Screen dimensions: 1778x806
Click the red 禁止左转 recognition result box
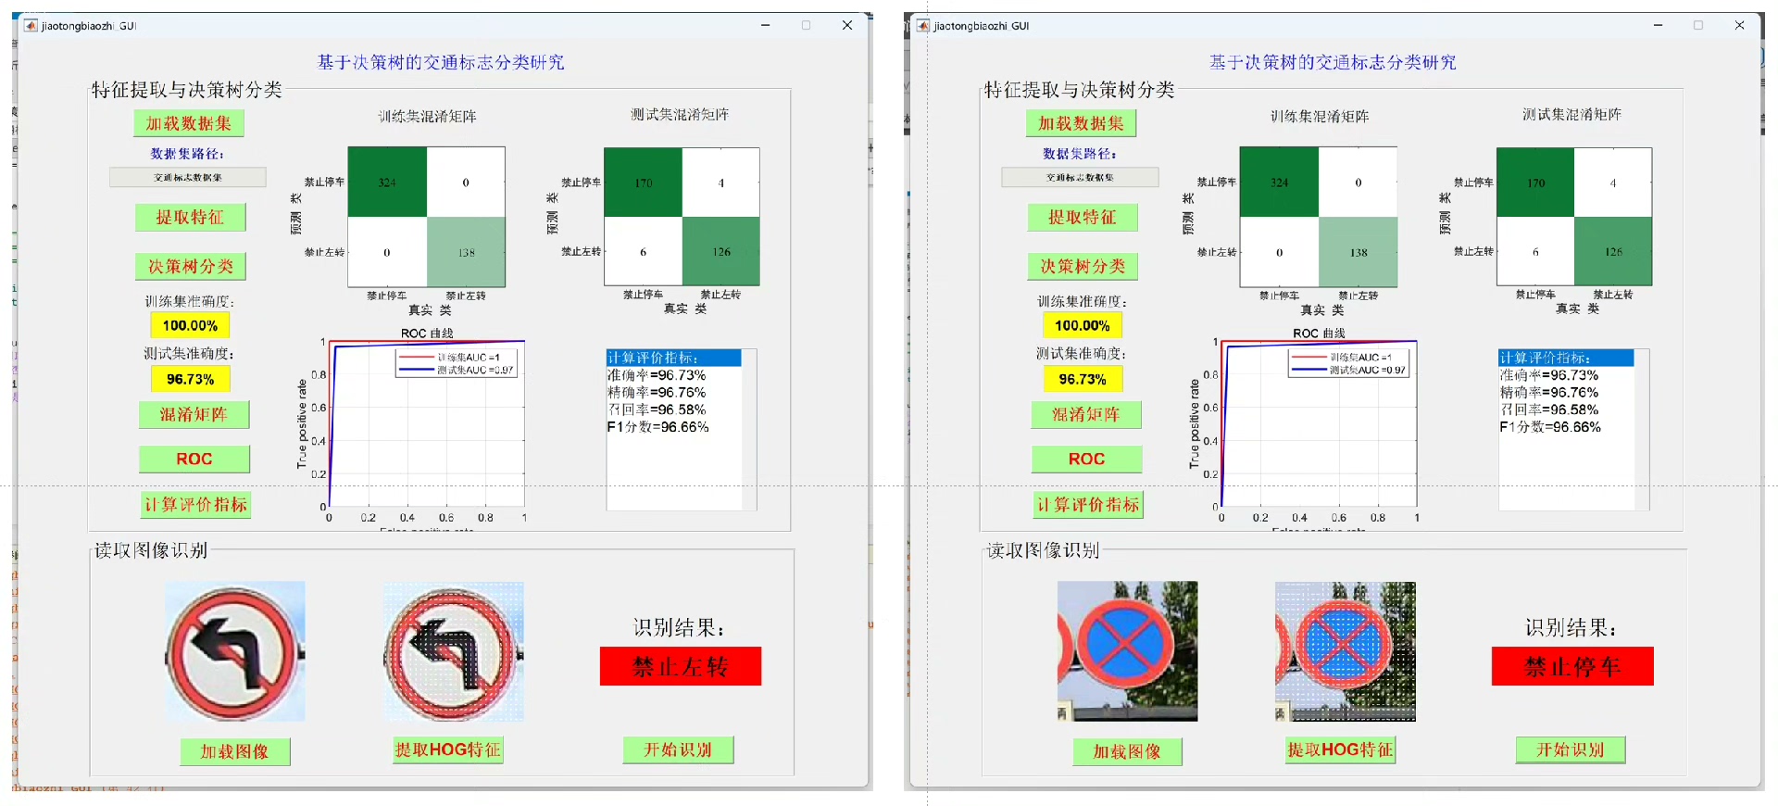pyautogui.click(x=680, y=666)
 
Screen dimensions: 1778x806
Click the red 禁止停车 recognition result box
pyautogui.click(x=1571, y=666)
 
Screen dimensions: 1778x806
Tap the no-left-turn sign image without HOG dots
pyautogui.click(x=234, y=651)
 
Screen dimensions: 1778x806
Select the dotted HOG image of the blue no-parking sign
pyautogui.click(x=1345, y=651)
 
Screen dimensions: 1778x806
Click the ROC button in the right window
pyautogui.click(x=1086, y=459)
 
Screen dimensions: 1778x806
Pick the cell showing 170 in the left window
pyautogui.click(x=643, y=183)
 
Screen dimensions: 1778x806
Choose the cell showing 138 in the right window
pyautogui.click(x=1358, y=252)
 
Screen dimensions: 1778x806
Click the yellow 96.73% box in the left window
pyautogui.click(x=190, y=379)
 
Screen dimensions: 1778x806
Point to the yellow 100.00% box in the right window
pyautogui.click(x=1082, y=325)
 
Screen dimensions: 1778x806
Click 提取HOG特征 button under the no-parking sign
pyautogui.click(x=1340, y=749)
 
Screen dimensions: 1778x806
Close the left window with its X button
pyautogui.click(x=846, y=26)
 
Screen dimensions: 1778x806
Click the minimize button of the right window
pyautogui.click(x=1658, y=26)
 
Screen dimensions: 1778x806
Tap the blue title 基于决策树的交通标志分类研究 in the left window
pyautogui.click(x=441, y=62)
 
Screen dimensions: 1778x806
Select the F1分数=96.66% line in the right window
pyautogui.click(x=1549, y=427)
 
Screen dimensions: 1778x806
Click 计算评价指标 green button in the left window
pyautogui.click(x=195, y=504)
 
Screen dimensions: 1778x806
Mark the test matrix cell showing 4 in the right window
pyautogui.click(x=1612, y=183)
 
